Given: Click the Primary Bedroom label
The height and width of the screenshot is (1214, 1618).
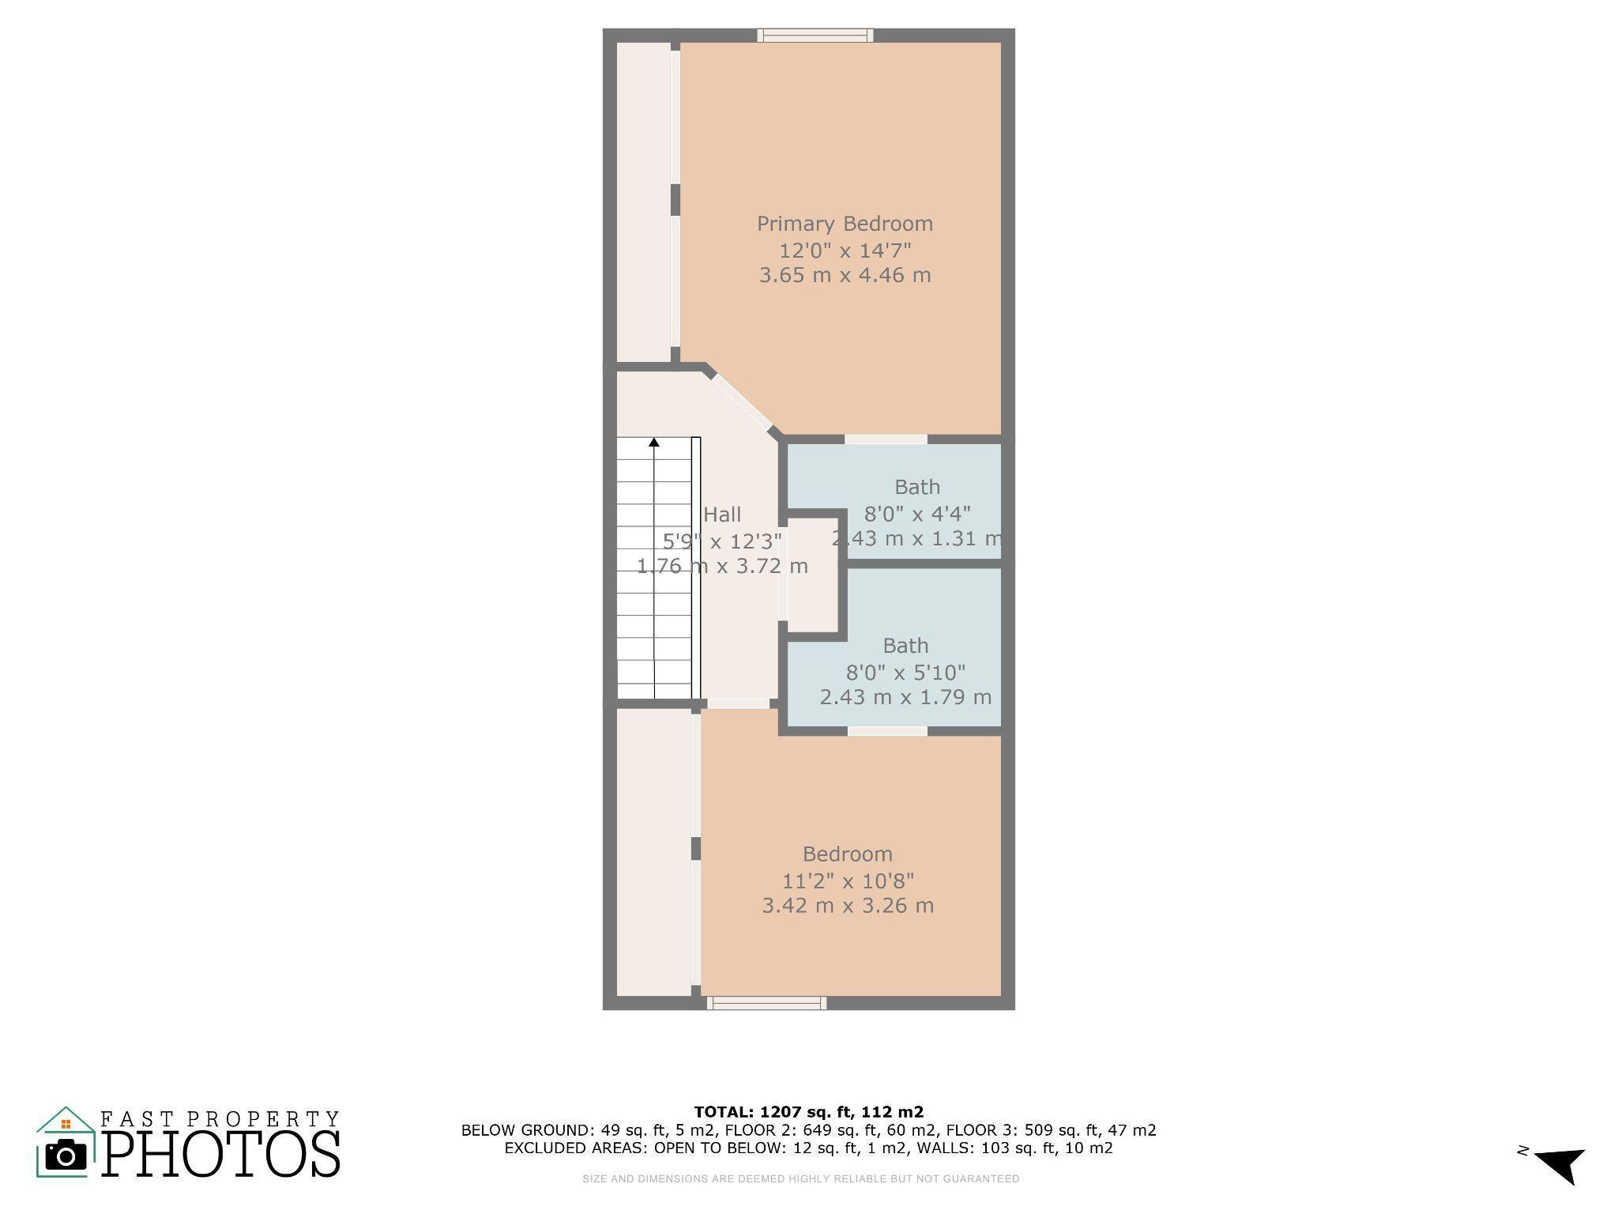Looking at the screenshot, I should (x=845, y=224).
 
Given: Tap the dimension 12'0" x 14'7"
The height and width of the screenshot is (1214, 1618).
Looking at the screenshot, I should (x=845, y=251).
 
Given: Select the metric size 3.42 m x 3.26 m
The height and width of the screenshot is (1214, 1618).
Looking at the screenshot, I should (x=848, y=906).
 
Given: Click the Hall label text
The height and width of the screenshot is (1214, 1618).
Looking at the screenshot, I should (x=722, y=515).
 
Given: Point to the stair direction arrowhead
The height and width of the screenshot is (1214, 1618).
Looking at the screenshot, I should (x=654, y=443).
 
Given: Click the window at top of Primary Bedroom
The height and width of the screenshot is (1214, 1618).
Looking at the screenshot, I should (x=815, y=35).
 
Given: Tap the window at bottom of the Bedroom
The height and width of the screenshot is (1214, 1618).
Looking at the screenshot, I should (x=766, y=1003).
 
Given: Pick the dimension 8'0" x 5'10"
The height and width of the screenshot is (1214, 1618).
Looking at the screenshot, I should (x=905, y=673).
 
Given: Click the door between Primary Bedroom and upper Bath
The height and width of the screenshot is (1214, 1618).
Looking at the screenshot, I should (x=886, y=439).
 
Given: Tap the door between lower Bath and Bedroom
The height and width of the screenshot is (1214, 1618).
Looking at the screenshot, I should (x=887, y=731).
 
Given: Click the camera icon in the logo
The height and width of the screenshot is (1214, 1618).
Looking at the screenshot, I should (x=66, y=1156).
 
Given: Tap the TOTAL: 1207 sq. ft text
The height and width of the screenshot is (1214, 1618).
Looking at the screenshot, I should (x=808, y=1112).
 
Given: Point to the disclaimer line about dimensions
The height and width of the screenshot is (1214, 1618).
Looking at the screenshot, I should (x=800, y=1178).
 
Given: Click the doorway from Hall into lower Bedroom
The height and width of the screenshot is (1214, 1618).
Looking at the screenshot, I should (x=738, y=703).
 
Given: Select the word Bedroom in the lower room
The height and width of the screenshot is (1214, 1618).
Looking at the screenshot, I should (x=848, y=854).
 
